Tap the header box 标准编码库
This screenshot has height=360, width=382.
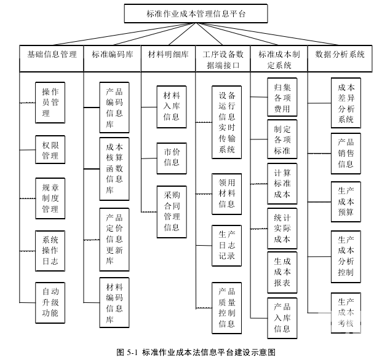[112, 54]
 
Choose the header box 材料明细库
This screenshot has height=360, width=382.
[168, 54]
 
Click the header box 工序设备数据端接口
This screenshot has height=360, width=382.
[223, 58]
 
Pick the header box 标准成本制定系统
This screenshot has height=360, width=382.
[279, 58]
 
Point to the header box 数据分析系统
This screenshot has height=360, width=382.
[340, 54]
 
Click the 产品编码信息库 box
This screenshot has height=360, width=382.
[114, 108]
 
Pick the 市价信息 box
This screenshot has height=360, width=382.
[172, 157]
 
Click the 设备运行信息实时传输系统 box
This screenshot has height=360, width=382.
[227, 122]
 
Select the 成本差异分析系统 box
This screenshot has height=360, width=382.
[346, 102]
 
